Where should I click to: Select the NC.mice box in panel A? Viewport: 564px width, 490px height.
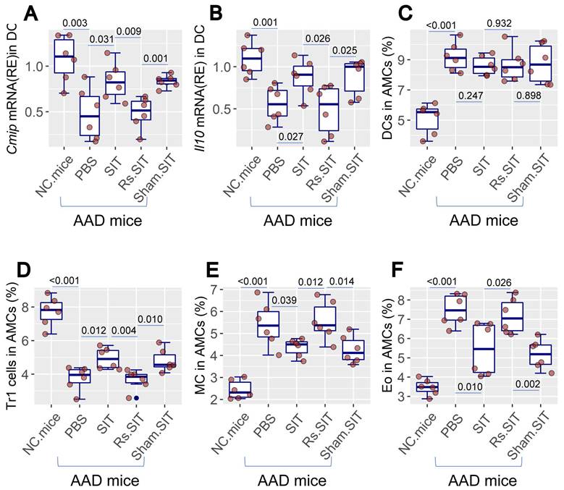tap(64, 56)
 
